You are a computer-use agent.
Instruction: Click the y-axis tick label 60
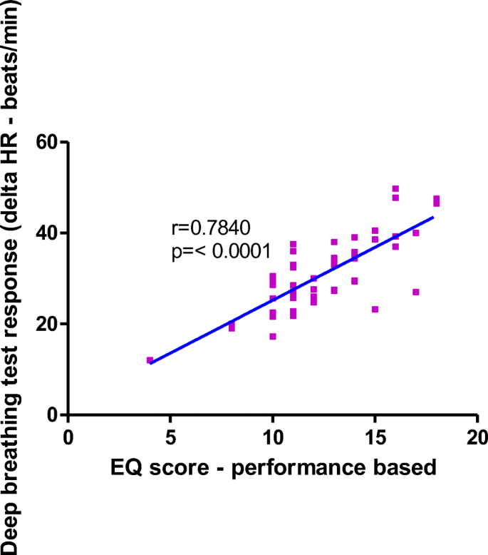(47, 143)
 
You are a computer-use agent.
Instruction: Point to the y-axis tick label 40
(47, 233)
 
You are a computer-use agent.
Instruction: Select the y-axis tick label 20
(47, 324)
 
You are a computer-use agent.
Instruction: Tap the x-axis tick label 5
(170, 435)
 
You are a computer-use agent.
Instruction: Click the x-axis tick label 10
(272, 435)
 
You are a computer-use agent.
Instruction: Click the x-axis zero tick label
(68, 435)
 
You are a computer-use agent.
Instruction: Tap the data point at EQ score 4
(150, 360)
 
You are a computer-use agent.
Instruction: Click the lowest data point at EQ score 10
(272, 336)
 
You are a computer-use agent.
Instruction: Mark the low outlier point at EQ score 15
(375, 309)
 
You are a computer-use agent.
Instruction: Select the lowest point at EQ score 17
(416, 292)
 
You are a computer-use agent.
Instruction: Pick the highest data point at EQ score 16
(395, 189)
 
